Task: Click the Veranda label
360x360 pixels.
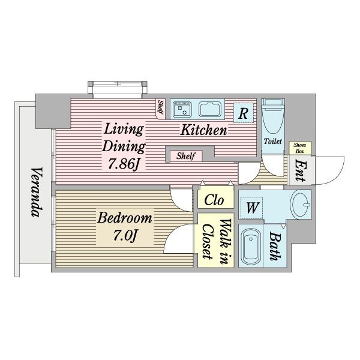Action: [37, 192]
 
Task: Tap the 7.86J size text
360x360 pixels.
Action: [124, 164]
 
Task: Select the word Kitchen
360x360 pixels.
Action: [203, 130]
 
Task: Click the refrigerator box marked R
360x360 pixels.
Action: [244, 113]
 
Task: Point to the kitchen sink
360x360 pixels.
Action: [210, 109]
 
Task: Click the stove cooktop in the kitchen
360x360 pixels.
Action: [182, 109]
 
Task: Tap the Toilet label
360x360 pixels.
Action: [273, 141]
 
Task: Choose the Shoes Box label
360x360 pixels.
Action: [300, 148]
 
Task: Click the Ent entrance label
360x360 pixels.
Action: [301, 170]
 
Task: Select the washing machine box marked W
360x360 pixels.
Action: [251, 208]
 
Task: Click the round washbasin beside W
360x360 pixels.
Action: [301, 205]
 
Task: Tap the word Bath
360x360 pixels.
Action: [275, 246]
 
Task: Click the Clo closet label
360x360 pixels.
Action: [214, 200]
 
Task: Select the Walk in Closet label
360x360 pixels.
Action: [217, 242]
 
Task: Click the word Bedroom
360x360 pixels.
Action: [125, 218]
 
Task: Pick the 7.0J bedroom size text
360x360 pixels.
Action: [125, 235]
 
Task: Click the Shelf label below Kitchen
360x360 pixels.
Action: [186, 156]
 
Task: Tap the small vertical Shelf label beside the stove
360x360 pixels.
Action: [161, 107]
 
